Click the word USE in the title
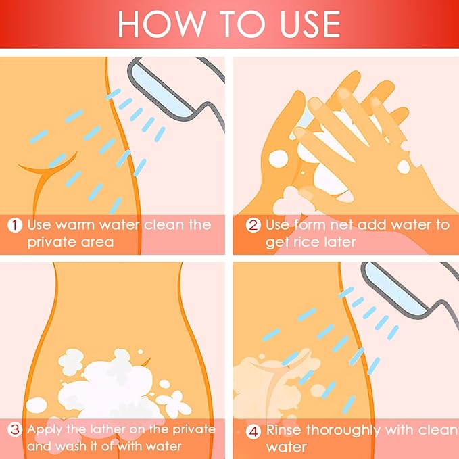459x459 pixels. click(x=310, y=24)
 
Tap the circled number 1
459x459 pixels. click(x=15, y=225)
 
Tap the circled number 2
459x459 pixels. click(x=253, y=225)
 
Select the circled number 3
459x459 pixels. click(x=15, y=430)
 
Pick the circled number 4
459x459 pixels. click(x=253, y=431)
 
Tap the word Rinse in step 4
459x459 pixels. click(x=283, y=431)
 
